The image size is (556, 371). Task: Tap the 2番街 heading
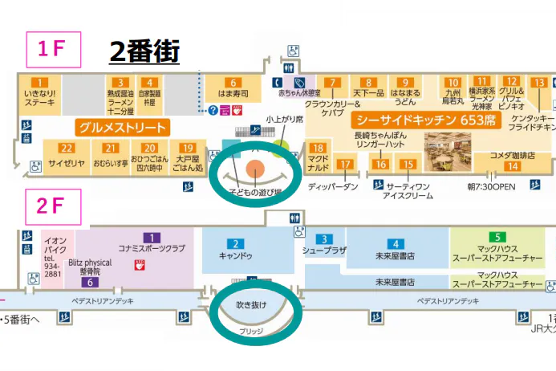point(144,52)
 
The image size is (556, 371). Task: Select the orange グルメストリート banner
point(123,128)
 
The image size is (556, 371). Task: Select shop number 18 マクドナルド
point(319,157)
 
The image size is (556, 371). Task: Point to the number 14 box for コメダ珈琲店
point(512,166)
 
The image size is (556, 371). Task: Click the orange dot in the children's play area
point(254,169)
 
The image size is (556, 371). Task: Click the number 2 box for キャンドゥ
point(235,243)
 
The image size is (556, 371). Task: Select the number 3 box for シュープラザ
point(323,238)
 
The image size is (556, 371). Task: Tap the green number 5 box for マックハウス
point(498,237)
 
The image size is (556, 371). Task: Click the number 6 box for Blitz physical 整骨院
point(92,282)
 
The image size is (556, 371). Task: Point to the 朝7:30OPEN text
point(491,186)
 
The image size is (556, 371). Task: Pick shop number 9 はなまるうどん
point(405,92)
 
